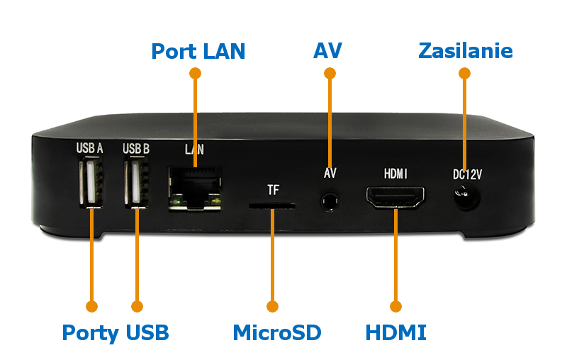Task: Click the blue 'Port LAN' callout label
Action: (x=198, y=51)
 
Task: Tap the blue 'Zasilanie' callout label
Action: (x=466, y=51)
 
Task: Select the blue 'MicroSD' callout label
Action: (x=277, y=332)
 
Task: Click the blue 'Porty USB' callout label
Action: (x=116, y=332)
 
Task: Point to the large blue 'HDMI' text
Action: (x=395, y=332)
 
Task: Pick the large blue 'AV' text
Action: (x=327, y=51)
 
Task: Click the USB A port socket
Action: (x=90, y=183)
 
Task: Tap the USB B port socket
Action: (x=135, y=183)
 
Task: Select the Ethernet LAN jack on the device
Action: (x=194, y=186)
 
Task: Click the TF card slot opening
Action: (x=271, y=206)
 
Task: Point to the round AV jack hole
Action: (x=328, y=201)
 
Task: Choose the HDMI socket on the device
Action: (x=395, y=198)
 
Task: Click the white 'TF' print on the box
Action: (x=274, y=190)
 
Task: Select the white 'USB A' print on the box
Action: (x=90, y=149)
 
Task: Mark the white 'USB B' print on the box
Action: (x=136, y=149)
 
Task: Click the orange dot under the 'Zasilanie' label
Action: (x=464, y=73)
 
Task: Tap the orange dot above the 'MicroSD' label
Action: (x=272, y=306)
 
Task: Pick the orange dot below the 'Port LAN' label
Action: (x=196, y=73)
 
